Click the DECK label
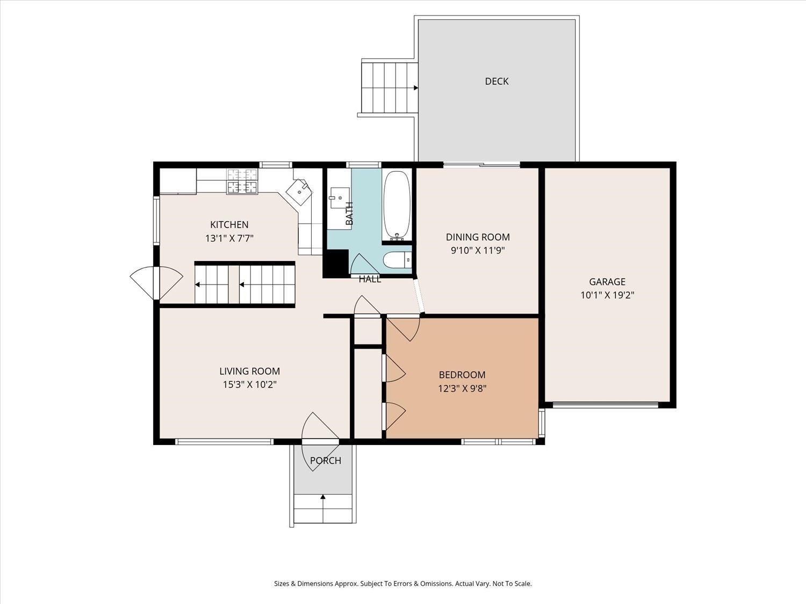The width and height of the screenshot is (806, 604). pyautogui.click(x=496, y=81)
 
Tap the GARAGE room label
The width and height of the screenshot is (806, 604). pyautogui.click(x=607, y=282)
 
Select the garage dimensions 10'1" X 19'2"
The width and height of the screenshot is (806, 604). pyautogui.click(x=607, y=295)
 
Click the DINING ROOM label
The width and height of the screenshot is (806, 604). pyautogui.click(x=478, y=237)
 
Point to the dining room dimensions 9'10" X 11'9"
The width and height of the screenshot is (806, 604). pyautogui.click(x=478, y=251)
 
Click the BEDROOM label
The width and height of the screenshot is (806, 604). pyautogui.click(x=462, y=375)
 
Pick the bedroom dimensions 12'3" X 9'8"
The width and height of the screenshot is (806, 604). pyautogui.click(x=462, y=388)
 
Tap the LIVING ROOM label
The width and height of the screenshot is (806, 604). pyautogui.click(x=250, y=371)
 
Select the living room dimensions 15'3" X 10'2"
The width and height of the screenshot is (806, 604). pyautogui.click(x=250, y=384)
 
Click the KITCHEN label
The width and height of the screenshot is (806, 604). pyautogui.click(x=229, y=224)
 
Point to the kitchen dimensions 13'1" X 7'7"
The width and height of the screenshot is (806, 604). pyautogui.click(x=229, y=238)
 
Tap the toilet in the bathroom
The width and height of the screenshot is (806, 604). pyautogui.click(x=397, y=260)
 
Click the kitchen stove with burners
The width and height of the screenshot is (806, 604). pyautogui.click(x=242, y=181)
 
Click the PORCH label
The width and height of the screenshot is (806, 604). pyautogui.click(x=325, y=460)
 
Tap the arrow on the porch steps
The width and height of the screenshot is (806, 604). pyautogui.click(x=323, y=508)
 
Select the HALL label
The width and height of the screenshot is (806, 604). pyautogui.click(x=370, y=279)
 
